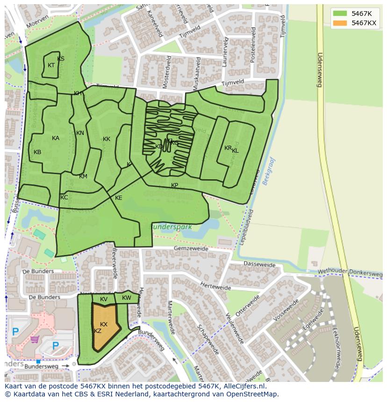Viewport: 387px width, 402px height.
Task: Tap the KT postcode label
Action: (x=51, y=65)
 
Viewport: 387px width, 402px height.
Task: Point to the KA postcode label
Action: (x=56, y=138)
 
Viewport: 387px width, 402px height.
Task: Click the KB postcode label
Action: (x=37, y=152)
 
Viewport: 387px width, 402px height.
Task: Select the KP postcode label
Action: (x=174, y=185)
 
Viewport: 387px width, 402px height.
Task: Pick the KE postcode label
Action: (x=119, y=198)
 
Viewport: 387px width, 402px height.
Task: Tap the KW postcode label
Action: (x=127, y=298)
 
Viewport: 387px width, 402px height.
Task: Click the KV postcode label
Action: (x=104, y=299)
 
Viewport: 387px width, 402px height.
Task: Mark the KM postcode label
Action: (x=83, y=176)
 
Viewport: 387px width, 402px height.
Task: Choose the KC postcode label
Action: (x=64, y=197)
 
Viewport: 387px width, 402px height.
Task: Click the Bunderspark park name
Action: (x=171, y=227)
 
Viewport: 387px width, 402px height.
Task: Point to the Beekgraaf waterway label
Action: (x=269, y=171)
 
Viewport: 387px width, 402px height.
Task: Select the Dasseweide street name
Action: (x=259, y=264)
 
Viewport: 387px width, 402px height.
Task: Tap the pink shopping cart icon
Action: (x=35, y=339)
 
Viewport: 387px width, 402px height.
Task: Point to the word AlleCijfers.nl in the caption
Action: (x=243, y=386)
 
